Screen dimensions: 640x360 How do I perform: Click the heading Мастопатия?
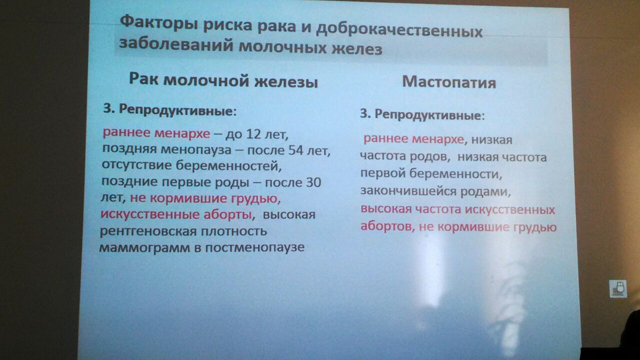tap(449, 82)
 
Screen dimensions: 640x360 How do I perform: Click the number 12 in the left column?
tap(253, 134)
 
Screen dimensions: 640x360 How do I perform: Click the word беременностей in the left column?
tap(226, 165)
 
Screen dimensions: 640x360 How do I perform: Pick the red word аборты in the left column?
tap(227, 214)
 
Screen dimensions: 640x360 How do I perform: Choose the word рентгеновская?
tap(148, 230)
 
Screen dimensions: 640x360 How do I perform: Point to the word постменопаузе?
tap(255, 247)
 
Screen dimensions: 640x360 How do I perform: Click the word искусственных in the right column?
tap(510, 209)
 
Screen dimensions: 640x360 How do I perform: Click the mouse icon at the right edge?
tap(618, 288)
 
